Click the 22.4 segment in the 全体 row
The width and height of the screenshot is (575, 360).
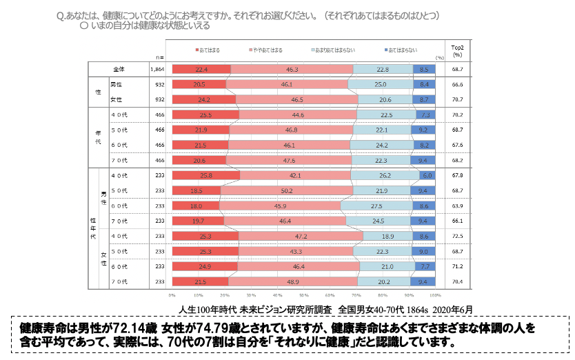(201, 69)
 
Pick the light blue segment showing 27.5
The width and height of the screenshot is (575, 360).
(377, 206)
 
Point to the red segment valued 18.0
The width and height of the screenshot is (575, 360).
(195, 206)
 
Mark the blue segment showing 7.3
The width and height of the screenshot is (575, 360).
(425, 114)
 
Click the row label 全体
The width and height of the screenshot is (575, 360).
(119, 69)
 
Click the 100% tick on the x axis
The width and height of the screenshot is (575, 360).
(436, 295)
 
